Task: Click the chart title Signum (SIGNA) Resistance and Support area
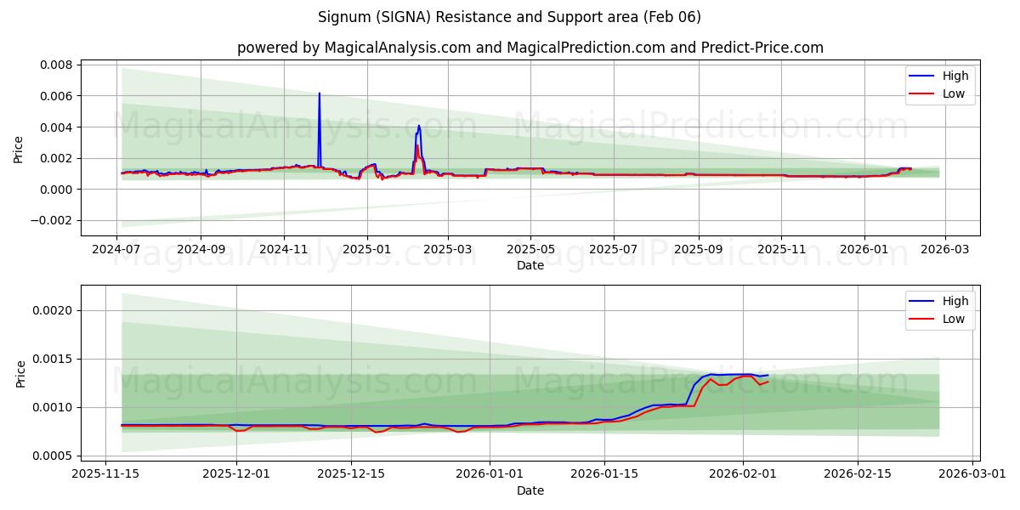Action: click(509, 17)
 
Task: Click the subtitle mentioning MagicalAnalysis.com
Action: click(530, 48)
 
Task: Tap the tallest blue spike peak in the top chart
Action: click(319, 93)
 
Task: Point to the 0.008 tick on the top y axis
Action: click(57, 65)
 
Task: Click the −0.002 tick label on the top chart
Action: click(53, 220)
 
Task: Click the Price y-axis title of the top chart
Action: click(19, 150)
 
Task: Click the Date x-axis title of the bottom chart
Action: click(530, 490)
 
